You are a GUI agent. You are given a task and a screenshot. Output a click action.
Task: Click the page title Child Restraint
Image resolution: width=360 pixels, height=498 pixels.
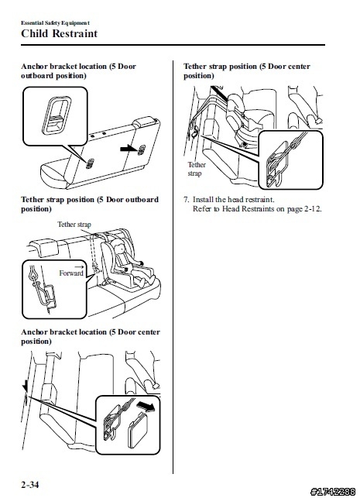click(x=59, y=33)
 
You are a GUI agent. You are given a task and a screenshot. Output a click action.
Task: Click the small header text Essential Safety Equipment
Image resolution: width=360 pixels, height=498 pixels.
click(x=55, y=23)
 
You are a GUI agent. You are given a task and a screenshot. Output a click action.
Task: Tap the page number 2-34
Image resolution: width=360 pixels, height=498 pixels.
click(x=30, y=485)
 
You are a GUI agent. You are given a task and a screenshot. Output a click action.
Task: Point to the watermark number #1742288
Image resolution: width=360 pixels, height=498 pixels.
click(x=333, y=492)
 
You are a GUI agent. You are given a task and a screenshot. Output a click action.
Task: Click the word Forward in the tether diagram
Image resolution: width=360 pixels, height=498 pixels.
click(x=71, y=273)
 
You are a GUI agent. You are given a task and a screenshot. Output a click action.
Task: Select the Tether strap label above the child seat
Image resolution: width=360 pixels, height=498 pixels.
click(x=74, y=225)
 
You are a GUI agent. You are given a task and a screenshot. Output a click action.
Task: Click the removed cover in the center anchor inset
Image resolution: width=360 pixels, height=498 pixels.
click(x=138, y=431)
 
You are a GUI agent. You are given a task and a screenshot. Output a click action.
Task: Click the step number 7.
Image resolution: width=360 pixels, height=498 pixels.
click(x=187, y=200)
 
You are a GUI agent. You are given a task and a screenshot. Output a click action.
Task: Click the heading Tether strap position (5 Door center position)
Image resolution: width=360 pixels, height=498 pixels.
click(x=247, y=70)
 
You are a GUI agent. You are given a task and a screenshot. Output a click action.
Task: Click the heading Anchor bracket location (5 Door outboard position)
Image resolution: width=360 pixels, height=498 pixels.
click(x=78, y=70)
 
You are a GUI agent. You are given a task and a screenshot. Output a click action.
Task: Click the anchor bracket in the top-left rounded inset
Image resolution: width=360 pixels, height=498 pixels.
click(x=56, y=115)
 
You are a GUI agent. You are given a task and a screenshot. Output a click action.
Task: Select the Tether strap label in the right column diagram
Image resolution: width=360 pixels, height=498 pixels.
click(x=197, y=169)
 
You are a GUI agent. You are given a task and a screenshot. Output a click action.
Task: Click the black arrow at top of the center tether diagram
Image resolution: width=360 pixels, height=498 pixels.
click(x=219, y=94)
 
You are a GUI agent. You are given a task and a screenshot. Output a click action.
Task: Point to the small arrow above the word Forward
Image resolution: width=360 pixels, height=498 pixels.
click(x=80, y=266)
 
